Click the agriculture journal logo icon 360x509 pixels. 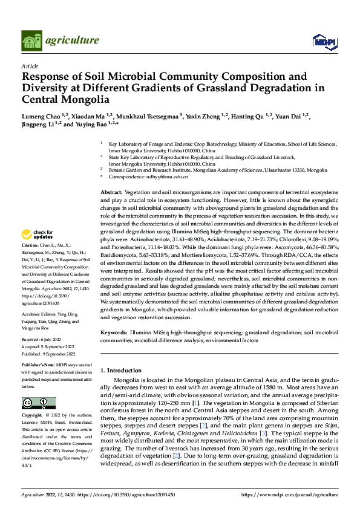[x=32, y=41]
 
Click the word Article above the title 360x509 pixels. [x=30, y=66]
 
